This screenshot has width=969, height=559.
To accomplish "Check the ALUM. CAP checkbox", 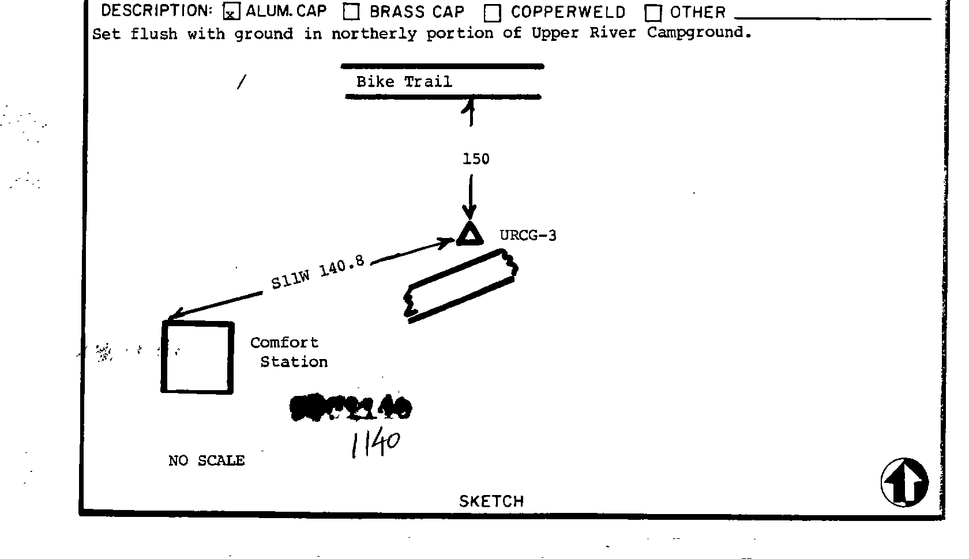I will point(231,12).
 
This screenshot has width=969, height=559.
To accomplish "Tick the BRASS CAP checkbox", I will point(351,12).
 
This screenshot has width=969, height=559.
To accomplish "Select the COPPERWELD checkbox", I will point(492,13).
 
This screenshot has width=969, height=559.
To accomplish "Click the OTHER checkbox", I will point(653,13).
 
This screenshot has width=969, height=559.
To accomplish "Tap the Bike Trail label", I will point(404,82).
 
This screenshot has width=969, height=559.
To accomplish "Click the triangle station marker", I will point(470,235).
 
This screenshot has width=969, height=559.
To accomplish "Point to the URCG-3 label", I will point(528,236).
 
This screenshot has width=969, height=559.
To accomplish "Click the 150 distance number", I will point(476,159).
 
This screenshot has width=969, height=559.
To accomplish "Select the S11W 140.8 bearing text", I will point(318,273).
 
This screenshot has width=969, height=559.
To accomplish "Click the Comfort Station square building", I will point(198,358).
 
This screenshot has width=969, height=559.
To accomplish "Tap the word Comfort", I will point(284,343).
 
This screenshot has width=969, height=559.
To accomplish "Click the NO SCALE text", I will point(206,461).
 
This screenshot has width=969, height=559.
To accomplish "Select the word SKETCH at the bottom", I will point(491,501).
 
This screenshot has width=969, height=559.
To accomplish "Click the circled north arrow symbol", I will point(904,483).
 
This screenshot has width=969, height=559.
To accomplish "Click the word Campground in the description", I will point(698,33).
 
